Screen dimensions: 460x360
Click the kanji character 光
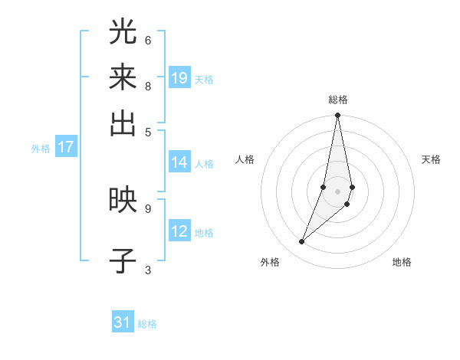(x=123, y=32)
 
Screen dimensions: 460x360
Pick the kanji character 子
(x=123, y=260)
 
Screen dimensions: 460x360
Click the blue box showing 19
(x=179, y=78)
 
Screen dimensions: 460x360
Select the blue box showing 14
(x=179, y=162)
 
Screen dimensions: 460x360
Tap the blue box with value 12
(x=179, y=231)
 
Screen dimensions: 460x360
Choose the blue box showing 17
(x=66, y=147)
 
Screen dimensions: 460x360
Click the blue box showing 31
(x=123, y=322)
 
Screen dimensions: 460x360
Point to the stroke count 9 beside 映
(x=148, y=208)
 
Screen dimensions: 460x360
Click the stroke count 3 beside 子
(x=148, y=269)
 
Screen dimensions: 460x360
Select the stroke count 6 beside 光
(x=148, y=40)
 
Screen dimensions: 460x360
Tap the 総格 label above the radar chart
(x=337, y=100)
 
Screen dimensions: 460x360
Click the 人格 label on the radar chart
(x=245, y=159)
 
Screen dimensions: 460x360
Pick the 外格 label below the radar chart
(x=270, y=262)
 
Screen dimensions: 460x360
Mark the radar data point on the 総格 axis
(x=337, y=116)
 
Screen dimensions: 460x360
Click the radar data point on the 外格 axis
(x=302, y=242)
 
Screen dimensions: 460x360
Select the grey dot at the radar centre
(x=337, y=191)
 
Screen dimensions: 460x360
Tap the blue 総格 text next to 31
(x=147, y=324)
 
